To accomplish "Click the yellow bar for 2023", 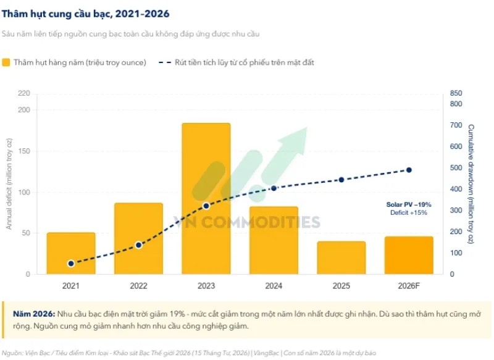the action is [206, 198].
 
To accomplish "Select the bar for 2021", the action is [71, 253].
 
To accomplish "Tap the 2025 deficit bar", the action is [341, 257].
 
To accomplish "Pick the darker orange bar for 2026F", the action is [409, 255].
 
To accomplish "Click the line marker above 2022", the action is [138, 245].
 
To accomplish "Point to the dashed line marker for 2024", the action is [274, 188].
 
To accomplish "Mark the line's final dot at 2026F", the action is [409, 170].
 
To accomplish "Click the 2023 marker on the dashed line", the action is [206, 206].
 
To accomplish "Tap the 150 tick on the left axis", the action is [24, 151].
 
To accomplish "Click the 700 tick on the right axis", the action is [456, 125].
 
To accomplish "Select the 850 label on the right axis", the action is [456, 93].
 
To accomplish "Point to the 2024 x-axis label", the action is [274, 286].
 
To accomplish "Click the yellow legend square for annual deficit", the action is [6, 62].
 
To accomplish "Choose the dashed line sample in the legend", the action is [165, 62].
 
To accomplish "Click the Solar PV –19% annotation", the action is [409, 204].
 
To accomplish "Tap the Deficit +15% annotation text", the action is [409, 212].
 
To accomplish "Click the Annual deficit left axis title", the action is [9, 184].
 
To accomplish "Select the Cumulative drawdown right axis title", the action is [471, 184].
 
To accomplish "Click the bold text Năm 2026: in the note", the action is [34, 314].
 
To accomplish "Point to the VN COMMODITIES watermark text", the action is [246, 222].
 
